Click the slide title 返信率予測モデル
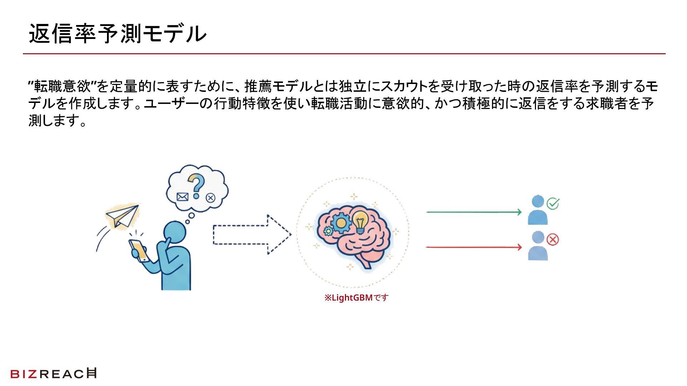tap(117, 34)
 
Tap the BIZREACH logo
tap(53, 373)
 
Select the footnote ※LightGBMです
tap(356, 298)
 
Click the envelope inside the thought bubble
tap(182, 197)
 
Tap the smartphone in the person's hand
tap(139, 250)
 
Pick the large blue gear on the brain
tap(341, 223)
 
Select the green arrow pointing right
tap(474, 212)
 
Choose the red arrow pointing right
tap(474, 247)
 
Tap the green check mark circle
tap(553, 204)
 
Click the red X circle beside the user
tap(553, 239)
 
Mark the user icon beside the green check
tap(537, 211)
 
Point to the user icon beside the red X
tap(537, 246)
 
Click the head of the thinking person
tap(175, 232)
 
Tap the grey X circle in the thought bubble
tap(211, 198)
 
